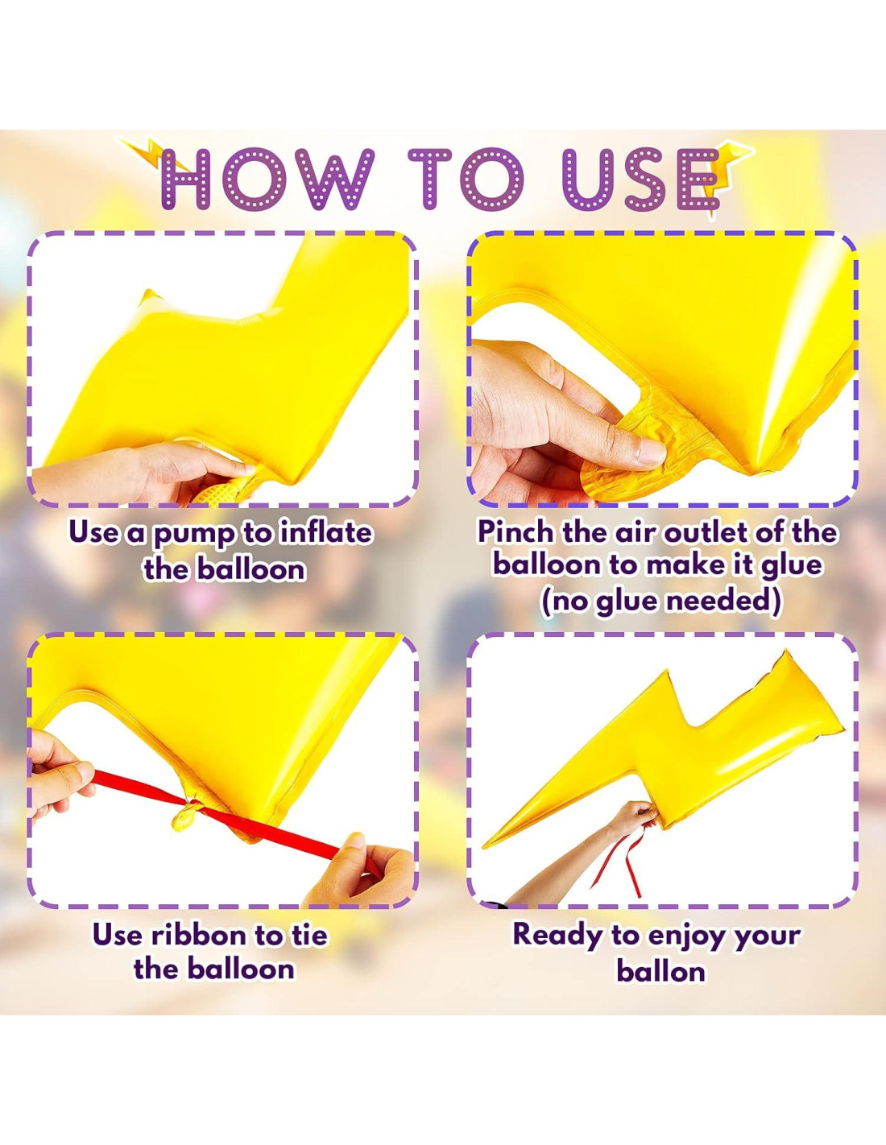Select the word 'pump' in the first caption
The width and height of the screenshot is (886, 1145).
click(x=193, y=534)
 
